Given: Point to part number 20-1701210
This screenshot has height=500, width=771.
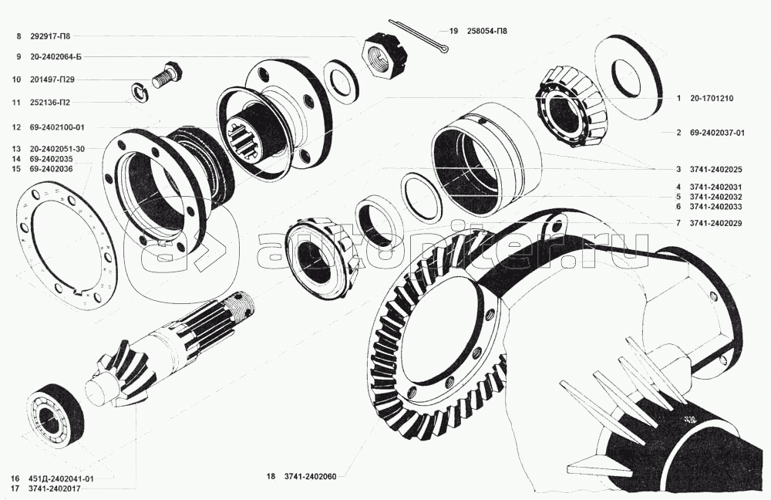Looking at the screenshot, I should pyautogui.click(x=711, y=99).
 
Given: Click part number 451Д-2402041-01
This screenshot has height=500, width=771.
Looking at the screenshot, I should pyautogui.click(x=62, y=479).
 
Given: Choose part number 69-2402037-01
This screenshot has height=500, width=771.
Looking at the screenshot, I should pyautogui.click(x=717, y=133).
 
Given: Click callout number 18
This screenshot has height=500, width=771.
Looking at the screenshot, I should pyautogui.click(x=271, y=477).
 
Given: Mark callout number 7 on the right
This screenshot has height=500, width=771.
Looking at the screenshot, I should pyautogui.click(x=678, y=223).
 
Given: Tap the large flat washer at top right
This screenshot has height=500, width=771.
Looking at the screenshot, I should pyautogui.click(x=628, y=77).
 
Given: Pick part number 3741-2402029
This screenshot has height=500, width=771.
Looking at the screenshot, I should pyautogui.click(x=717, y=223).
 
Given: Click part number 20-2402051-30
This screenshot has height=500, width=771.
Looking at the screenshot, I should pyautogui.click(x=59, y=149).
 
